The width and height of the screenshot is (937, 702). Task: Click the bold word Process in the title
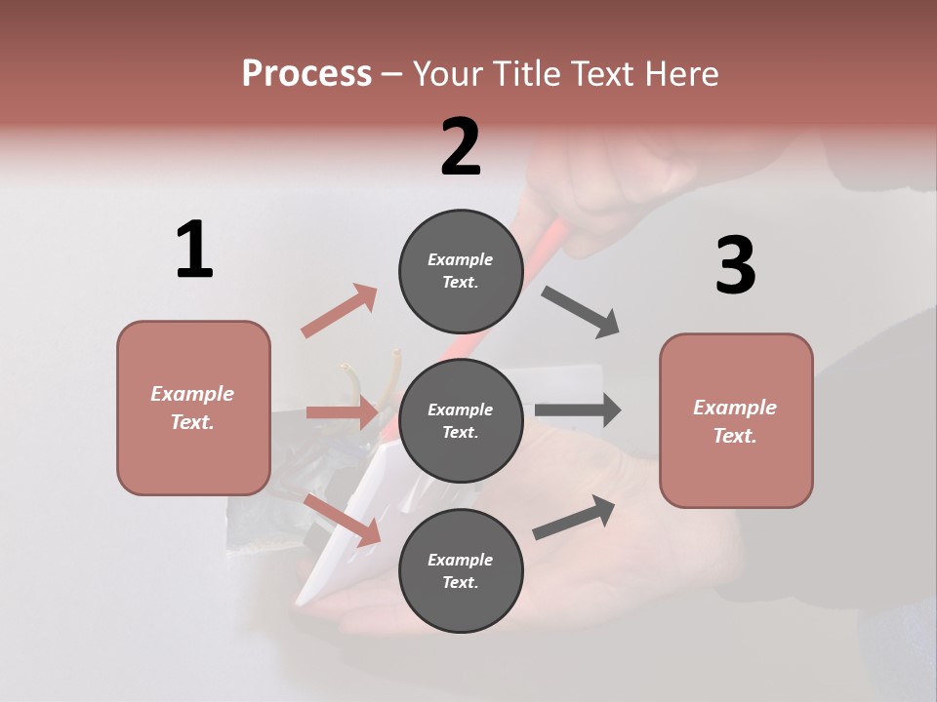coord(306,73)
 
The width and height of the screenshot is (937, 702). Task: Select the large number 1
coord(194,250)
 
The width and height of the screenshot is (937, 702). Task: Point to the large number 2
coord(461,147)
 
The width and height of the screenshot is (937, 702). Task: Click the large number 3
coord(736,265)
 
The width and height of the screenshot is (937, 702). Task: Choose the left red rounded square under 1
coord(193,408)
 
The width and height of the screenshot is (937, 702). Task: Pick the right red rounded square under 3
coord(736,421)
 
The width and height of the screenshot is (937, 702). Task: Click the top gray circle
coord(461,271)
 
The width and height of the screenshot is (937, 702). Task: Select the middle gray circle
coord(461,420)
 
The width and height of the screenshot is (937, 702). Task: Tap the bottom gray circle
coord(461,570)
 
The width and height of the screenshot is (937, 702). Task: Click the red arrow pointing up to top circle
coord(340,310)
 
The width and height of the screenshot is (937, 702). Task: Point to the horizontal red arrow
coord(342,413)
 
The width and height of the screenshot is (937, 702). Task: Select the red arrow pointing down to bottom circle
coord(343,519)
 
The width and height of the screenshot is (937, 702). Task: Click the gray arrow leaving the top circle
coord(581,312)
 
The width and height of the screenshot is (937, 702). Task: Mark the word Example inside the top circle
coord(461,259)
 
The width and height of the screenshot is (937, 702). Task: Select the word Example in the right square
coord(735,408)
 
